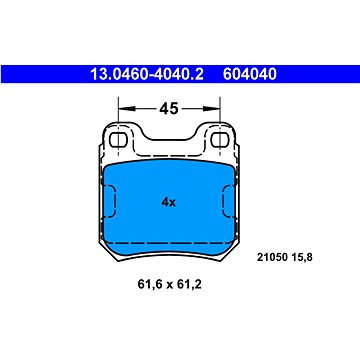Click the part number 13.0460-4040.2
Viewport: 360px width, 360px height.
147,74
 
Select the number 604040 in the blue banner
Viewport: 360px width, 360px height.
250,74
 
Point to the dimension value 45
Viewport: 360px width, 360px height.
169,108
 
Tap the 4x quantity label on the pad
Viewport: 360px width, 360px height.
168,202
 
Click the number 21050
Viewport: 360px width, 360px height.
269,257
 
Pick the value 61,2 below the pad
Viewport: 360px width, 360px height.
191,285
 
